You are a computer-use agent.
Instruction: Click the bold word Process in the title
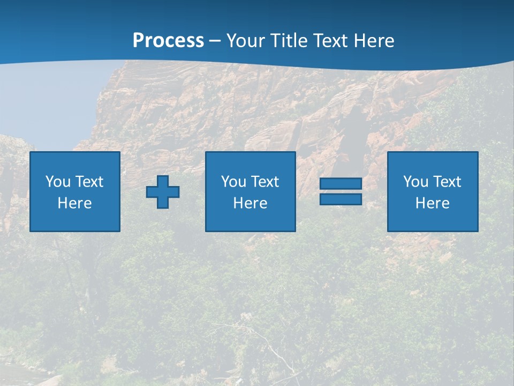coord(168,41)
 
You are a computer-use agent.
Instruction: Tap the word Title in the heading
coord(288,41)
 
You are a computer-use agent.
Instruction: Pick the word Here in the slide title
coord(374,41)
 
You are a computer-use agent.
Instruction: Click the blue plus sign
coord(163,191)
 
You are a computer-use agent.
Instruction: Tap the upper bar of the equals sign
coord(341,184)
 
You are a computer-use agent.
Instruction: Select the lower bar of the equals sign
coord(341,199)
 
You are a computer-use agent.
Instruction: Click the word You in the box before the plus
coord(58,181)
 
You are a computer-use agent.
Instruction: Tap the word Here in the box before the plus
coord(74,203)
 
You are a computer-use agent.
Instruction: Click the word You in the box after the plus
coord(233,181)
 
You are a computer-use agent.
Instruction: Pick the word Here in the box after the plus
coord(250,203)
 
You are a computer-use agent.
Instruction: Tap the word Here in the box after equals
coord(432,203)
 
